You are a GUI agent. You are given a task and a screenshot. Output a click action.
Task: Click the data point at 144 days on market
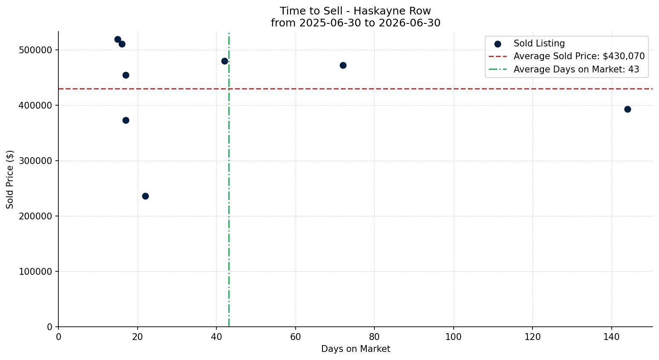[627, 109]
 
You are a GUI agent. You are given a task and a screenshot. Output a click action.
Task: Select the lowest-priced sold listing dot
[145, 196]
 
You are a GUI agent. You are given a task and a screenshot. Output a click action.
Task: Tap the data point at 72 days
[343, 65]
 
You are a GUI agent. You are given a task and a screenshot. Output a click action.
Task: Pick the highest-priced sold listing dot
[118, 40]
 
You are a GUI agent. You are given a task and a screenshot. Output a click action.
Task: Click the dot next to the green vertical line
[224, 61]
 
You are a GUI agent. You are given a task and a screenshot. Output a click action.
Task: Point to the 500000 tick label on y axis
[35, 50]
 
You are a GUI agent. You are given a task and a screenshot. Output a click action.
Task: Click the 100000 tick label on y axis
[35, 271]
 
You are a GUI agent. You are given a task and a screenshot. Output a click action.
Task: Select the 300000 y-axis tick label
[35, 161]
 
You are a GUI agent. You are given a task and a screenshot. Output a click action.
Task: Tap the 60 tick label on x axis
[295, 337]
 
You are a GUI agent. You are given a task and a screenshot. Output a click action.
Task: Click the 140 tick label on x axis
[612, 337]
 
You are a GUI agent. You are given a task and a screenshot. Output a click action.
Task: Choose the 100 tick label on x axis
[453, 337]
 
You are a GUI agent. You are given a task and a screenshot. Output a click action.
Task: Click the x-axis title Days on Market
[355, 349]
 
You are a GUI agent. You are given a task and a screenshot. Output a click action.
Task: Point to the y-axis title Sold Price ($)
[10, 179]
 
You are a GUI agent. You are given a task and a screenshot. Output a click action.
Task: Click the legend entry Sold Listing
[539, 43]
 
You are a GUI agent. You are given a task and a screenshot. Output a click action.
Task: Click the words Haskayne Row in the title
[392, 11]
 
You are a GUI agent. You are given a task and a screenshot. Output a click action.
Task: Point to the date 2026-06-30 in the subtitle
[409, 23]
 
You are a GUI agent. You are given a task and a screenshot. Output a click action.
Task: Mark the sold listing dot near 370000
[126, 120]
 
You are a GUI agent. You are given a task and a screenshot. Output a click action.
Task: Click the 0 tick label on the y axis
[49, 327]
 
